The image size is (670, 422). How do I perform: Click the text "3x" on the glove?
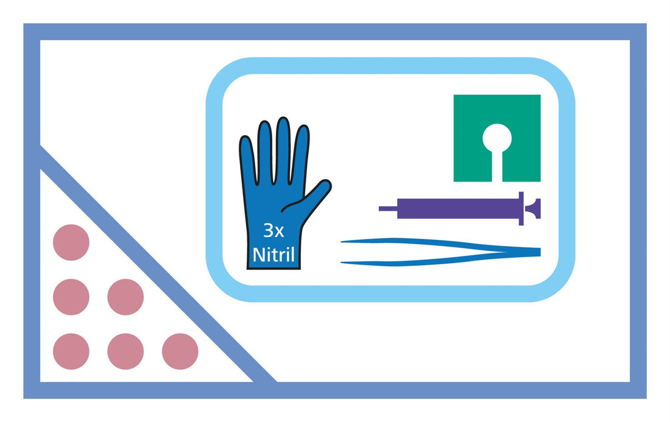(273, 231)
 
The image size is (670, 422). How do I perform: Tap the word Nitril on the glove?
(273, 255)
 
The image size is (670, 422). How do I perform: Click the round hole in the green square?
(497, 138)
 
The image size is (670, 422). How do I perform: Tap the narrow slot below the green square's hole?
(497, 167)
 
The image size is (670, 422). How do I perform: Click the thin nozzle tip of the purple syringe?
(388, 209)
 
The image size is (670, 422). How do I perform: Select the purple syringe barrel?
(458, 209)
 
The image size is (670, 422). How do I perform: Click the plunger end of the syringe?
(534, 209)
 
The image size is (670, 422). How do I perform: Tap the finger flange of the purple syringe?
(521, 209)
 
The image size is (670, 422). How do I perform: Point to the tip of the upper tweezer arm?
(342, 242)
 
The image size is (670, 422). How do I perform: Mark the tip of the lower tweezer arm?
(342, 262)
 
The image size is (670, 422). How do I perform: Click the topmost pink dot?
(71, 242)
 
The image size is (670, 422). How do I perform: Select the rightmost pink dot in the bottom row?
(180, 351)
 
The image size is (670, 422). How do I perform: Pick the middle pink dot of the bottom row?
(125, 351)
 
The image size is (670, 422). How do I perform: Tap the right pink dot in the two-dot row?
(125, 297)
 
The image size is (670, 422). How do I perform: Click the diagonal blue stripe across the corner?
(158, 264)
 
